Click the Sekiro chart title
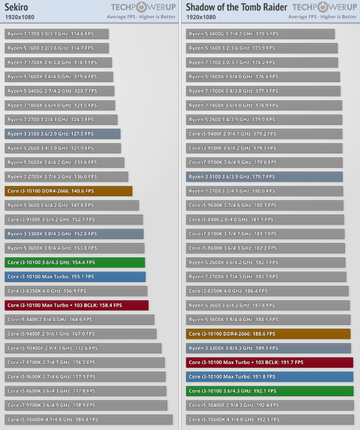pyautogui.click(x=17, y=7)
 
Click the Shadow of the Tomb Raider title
pyautogui.click(x=237, y=7)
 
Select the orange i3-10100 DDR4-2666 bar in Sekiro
pyautogui.click(x=68, y=191)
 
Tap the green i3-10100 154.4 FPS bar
pyautogui.click(x=75, y=262)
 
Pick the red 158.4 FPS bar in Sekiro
pyautogui.click(x=76, y=305)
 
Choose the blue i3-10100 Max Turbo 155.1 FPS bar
pyautogui.click(x=75, y=277)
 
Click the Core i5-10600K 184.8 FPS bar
pyautogui.click(x=89, y=419)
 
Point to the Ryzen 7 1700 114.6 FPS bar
pyautogui.click(x=56, y=34)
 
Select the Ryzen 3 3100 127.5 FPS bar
pyautogui.click(x=62, y=134)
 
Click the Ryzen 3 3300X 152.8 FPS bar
pyautogui.click(x=74, y=234)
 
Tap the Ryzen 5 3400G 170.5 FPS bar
pyautogui.click(x=260, y=34)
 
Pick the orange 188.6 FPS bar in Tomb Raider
pyautogui.click(x=268, y=333)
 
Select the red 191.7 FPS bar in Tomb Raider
pyautogui.click(x=269, y=362)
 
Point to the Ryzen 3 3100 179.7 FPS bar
pyautogui.click(x=264, y=176)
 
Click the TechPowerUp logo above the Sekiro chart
pyautogui.click(x=143, y=7)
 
